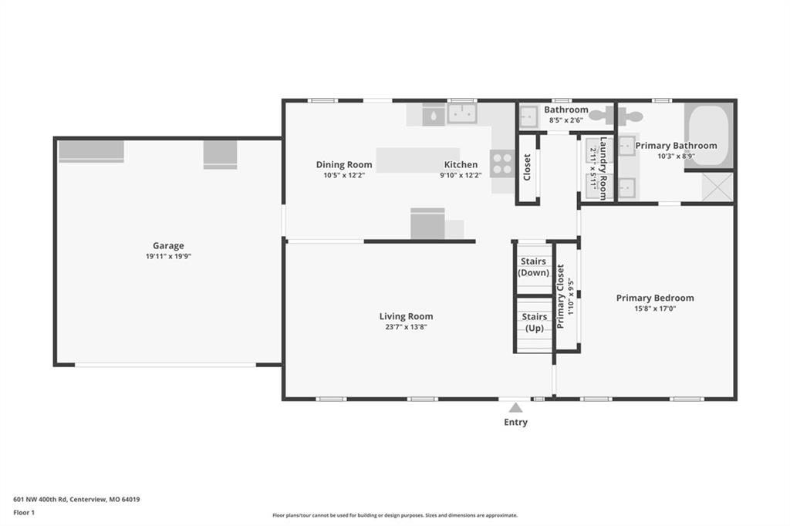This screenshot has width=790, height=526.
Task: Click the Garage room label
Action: pyautogui.click(x=168, y=245)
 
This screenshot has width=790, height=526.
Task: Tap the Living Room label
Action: pyautogui.click(x=406, y=316)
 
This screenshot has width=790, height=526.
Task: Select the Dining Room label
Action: pyautogui.click(x=344, y=165)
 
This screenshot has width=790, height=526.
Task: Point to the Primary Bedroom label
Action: pyautogui.click(x=655, y=298)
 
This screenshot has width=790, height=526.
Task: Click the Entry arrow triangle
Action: pyautogui.click(x=515, y=407)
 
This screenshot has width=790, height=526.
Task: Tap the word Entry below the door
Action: pyautogui.click(x=515, y=422)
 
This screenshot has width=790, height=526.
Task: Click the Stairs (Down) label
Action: pyautogui.click(x=534, y=267)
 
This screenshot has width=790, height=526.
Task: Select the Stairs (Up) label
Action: pyautogui.click(x=535, y=322)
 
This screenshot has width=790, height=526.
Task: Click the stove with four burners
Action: pyautogui.click(x=502, y=164)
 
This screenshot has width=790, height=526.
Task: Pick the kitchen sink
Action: pyautogui.click(x=463, y=114)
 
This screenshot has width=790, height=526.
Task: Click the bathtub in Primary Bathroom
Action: pyautogui.click(x=708, y=135)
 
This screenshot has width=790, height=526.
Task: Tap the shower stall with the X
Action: pyautogui.click(x=718, y=187)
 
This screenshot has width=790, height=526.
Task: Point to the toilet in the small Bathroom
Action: pyautogui.click(x=602, y=116)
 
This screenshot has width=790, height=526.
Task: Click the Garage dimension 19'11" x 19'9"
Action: pyautogui.click(x=168, y=257)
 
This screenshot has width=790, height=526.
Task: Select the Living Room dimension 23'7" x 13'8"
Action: pyautogui.click(x=406, y=327)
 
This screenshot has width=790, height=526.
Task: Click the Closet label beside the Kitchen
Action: pyautogui.click(x=527, y=167)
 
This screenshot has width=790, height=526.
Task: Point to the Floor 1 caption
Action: pyautogui.click(x=24, y=513)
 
